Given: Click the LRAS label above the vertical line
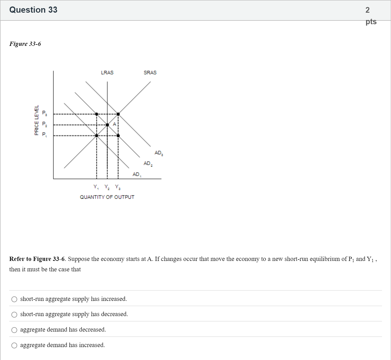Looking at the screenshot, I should [x=107, y=73].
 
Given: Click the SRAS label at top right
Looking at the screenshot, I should [x=150, y=73].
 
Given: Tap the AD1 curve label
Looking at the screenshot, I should [x=137, y=175].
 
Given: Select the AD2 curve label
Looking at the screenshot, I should [x=148, y=164].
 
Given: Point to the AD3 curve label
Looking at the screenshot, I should [x=158, y=153].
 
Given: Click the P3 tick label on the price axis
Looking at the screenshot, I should [x=44, y=113].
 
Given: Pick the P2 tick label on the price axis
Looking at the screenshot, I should [x=44, y=124].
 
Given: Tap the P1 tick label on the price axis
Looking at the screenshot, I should [x=44, y=135].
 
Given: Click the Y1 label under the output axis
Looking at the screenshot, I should [x=96, y=187].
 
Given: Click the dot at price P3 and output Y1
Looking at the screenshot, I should [x=96, y=114].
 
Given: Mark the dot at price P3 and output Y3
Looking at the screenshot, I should [x=118, y=114].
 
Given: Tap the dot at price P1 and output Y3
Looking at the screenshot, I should [x=118, y=136].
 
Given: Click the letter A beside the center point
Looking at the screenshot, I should [x=114, y=124].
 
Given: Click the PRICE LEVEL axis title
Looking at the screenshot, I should [x=37, y=120].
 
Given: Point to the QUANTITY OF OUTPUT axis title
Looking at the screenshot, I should [x=107, y=197].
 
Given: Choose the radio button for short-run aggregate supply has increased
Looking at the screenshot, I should [x=14, y=299].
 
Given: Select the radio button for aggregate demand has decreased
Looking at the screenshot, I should [x=14, y=330].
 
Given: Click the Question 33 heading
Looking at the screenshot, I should [x=33, y=10].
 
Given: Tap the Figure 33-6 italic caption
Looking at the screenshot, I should [x=25, y=44].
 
